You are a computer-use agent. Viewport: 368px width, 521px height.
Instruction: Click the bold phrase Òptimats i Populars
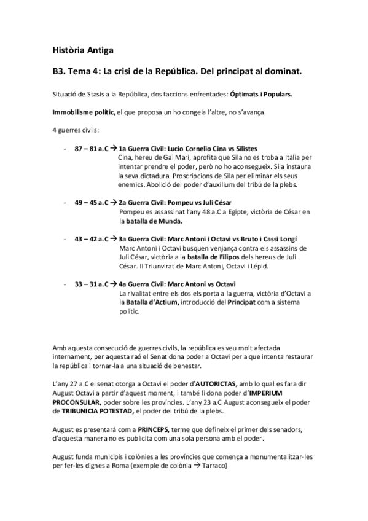260,95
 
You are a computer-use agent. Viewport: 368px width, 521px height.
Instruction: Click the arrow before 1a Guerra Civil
114,149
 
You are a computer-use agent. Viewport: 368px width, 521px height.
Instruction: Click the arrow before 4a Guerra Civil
114,284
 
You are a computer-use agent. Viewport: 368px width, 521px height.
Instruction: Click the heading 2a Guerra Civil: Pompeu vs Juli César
175,202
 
